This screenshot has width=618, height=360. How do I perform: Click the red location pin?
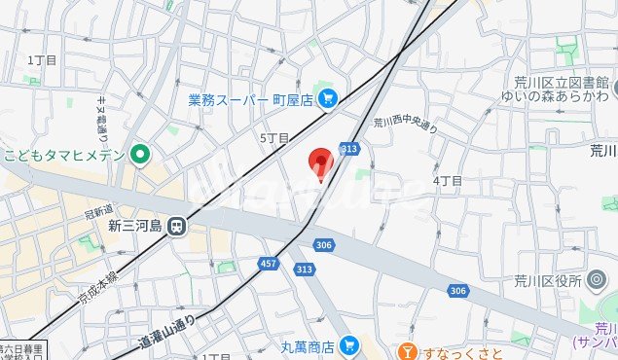[320, 163]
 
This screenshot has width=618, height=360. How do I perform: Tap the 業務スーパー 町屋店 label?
[249, 99]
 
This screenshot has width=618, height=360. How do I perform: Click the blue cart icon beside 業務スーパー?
[327, 97]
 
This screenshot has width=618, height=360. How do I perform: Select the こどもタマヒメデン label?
[64, 155]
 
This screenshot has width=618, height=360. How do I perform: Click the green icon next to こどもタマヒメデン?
[140, 154]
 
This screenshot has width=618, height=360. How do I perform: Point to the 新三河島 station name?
[132, 225]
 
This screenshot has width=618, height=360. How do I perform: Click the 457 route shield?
[269, 264]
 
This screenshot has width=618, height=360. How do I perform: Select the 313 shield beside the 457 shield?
[305, 269]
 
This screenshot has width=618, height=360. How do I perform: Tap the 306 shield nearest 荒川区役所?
[457, 290]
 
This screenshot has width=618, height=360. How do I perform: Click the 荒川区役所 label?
[546, 280]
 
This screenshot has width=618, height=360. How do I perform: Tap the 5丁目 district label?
[274, 138]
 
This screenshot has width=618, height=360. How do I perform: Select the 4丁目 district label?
[447, 181]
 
